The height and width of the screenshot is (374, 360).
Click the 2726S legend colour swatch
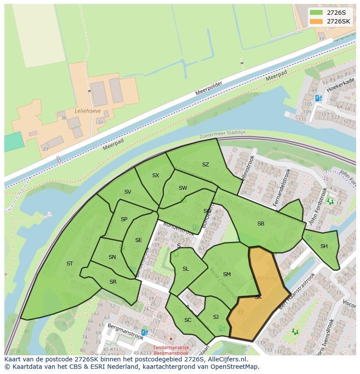pyautogui.click(x=317, y=13)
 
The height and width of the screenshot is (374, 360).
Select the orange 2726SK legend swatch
pyautogui.click(x=317, y=21)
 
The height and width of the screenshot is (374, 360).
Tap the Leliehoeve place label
pyautogui.click(x=87, y=111)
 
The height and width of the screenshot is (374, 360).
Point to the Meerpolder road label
pyautogui.click(x=209, y=88)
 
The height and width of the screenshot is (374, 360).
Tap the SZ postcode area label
pyautogui.click(x=206, y=165)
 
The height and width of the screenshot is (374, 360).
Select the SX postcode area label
pyautogui.click(x=156, y=175)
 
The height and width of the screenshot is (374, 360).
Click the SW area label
pyautogui.click(x=183, y=188)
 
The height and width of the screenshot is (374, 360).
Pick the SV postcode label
pyautogui.click(x=128, y=192)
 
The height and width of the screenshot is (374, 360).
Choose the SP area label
pyautogui.click(x=124, y=219)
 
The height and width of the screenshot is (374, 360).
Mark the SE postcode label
pyautogui.click(x=139, y=240)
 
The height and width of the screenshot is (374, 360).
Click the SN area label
pyautogui.click(x=112, y=257)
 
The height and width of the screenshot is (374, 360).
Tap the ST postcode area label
pyautogui.click(x=70, y=264)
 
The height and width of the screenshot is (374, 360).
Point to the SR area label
pyautogui.click(x=113, y=282)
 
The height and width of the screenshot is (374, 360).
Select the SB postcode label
pyautogui.click(x=261, y=224)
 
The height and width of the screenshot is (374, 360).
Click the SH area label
pyautogui.click(x=324, y=246)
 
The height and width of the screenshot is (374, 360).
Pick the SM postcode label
pyautogui.click(x=227, y=275)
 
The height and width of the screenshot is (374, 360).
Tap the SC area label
pyautogui.click(x=188, y=320)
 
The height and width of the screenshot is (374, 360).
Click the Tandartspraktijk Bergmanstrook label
pyautogui.click(x=171, y=351)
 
